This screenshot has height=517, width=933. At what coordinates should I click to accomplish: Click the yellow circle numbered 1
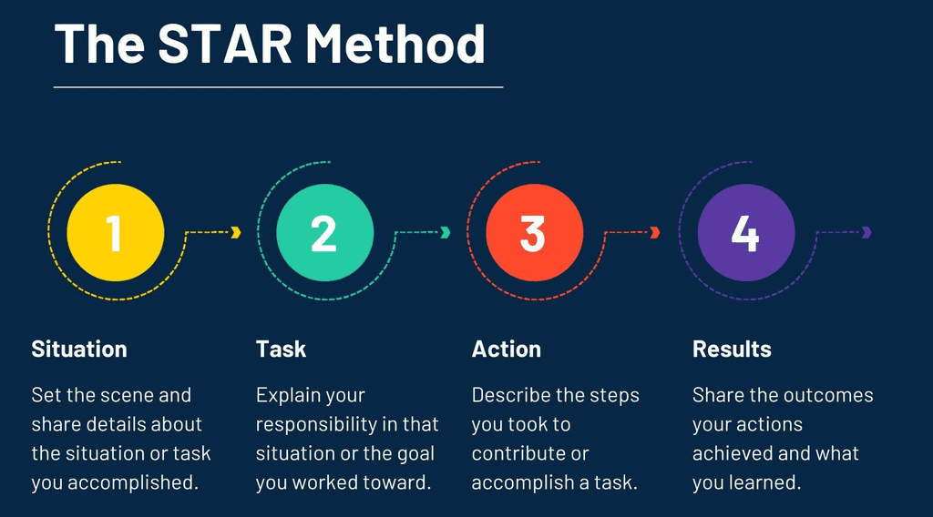click(116, 232)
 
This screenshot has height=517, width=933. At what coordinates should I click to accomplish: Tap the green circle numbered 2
click(324, 232)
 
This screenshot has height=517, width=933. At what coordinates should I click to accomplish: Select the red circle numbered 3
click(534, 232)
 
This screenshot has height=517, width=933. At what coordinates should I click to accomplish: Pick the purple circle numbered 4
click(745, 232)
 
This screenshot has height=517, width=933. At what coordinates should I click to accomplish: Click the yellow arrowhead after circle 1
click(236, 232)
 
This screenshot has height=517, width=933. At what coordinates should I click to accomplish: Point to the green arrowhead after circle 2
click(446, 232)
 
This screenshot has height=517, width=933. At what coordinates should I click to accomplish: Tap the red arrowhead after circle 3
click(655, 232)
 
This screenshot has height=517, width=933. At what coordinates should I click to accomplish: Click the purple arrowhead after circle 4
click(866, 232)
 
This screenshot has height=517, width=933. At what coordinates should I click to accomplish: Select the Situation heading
click(79, 350)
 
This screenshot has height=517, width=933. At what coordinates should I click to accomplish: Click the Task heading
click(281, 350)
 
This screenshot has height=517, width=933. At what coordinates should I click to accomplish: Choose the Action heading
click(507, 350)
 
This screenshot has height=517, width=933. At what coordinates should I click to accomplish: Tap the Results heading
click(732, 350)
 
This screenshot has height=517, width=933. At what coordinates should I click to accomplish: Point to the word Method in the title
click(395, 43)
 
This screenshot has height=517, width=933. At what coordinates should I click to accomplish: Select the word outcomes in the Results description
click(827, 396)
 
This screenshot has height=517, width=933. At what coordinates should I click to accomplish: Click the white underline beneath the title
click(278, 87)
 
